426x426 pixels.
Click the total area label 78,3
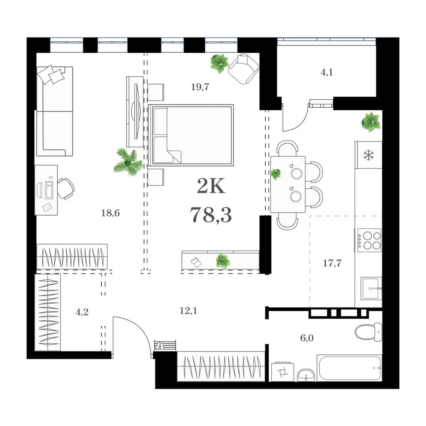coord(211,215)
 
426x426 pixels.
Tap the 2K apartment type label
coord(211,187)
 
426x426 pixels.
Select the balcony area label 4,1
coord(327,72)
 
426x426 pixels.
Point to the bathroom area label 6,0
coord(307,338)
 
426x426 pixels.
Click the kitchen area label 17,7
coord(332,263)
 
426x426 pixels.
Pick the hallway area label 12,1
coord(188,311)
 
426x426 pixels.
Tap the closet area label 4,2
coord(82,312)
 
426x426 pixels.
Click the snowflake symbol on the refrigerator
coord(368,155)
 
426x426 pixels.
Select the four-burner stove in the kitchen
coord(368,240)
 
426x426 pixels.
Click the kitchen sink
coord(371,288)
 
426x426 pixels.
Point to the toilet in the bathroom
coord(368,332)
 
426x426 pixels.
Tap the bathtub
coord(349,368)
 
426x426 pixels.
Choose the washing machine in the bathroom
coord(283,371)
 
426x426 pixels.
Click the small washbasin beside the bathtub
coord(306,375)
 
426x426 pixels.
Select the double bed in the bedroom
coord(191,135)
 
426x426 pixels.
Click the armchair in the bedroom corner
coord(244,69)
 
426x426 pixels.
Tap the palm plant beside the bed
coord(128,162)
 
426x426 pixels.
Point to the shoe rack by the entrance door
coord(165,345)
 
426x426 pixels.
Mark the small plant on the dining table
coord(276,174)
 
